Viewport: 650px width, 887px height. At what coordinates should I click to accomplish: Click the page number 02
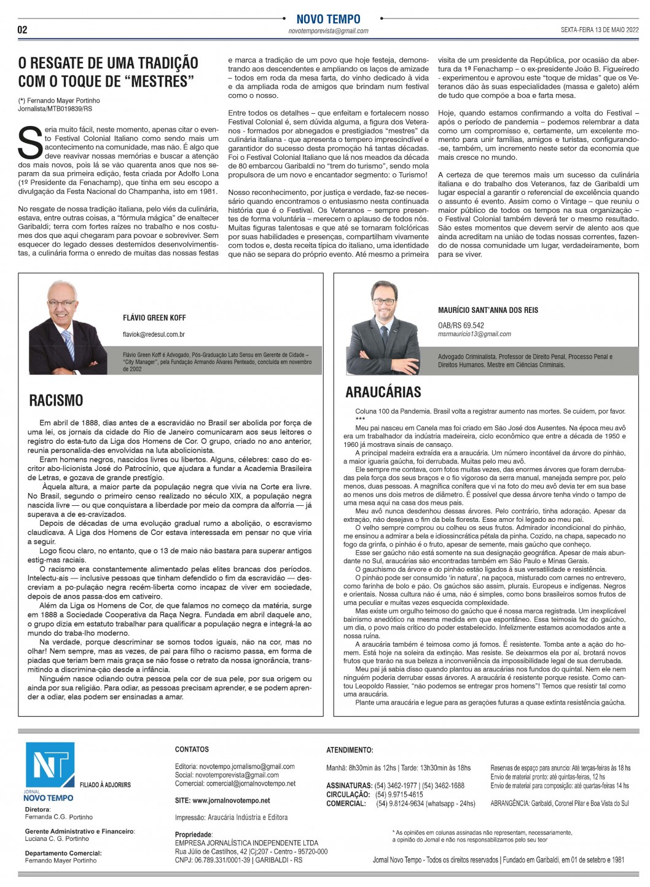point(22,30)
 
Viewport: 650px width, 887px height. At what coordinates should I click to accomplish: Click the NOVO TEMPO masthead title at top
point(328,19)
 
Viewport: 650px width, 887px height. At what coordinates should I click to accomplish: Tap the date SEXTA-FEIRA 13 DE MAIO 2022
point(599,30)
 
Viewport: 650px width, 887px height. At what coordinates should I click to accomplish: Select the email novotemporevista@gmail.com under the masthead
point(328,31)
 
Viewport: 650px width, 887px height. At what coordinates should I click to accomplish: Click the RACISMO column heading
point(56,401)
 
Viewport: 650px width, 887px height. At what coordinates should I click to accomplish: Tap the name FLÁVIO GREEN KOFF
point(154,318)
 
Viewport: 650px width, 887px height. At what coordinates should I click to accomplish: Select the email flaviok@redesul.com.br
point(154,334)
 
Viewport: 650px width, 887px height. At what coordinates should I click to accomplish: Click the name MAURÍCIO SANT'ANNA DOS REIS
point(488,310)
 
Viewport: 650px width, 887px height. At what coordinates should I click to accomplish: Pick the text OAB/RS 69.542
point(461,325)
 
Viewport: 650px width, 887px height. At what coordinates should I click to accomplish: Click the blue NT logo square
point(50,765)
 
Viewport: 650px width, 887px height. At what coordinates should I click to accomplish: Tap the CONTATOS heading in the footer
point(192,749)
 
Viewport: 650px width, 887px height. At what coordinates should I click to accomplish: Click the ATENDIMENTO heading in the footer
point(350,750)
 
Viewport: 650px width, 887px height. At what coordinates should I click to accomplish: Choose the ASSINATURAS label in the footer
point(349,786)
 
